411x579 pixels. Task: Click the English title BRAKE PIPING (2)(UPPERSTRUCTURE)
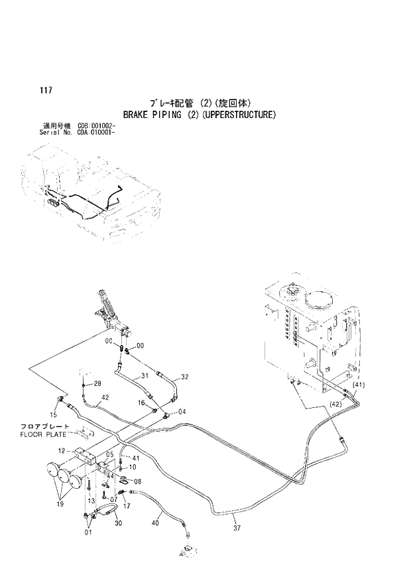click(200, 114)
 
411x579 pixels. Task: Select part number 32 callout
click(185, 377)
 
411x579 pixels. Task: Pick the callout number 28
click(97, 384)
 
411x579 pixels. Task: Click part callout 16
click(141, 403)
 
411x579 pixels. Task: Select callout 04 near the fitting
click(182, 411)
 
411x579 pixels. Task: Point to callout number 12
click(62, 450)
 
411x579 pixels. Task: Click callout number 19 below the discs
click(60, 505)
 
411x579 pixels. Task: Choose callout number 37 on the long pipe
click(237, 529)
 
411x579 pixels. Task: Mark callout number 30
click(119, 523)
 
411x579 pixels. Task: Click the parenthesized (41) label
click(359, 385)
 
